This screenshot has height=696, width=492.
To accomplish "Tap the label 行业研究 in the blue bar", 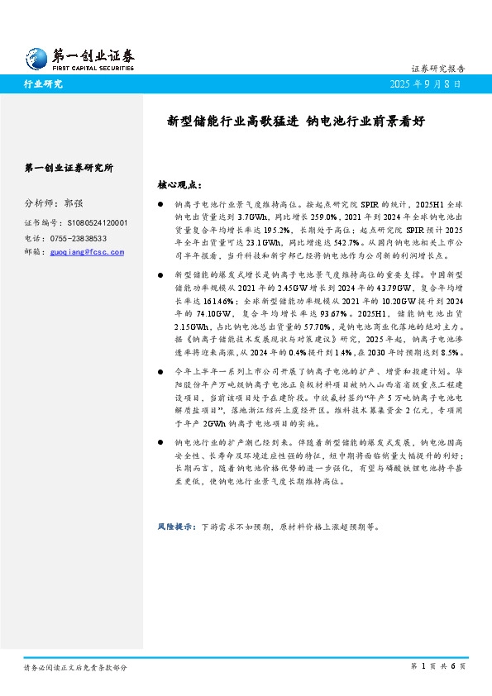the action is tap(43, 84).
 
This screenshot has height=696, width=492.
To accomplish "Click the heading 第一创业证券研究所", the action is tap(69, 167).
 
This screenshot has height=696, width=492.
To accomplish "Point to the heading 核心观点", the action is tap(179, 185).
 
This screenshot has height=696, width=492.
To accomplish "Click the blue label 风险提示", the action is tap(175, 526).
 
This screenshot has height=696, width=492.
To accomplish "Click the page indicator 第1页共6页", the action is tap(438, 666).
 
